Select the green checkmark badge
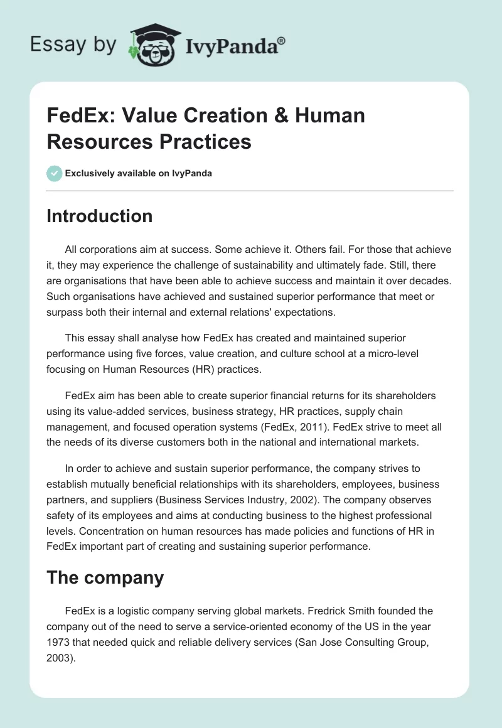click(54, 173)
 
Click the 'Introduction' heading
click(99, 216)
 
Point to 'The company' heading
click(105, 577)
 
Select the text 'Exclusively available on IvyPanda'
click(139, 173)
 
